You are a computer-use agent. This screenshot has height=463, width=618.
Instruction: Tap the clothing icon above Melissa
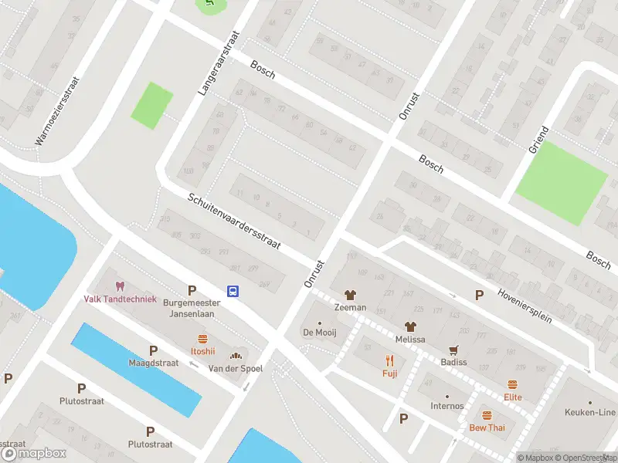[x=409, y=326]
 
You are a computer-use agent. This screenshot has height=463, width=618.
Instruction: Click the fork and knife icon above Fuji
[x=389, y=360]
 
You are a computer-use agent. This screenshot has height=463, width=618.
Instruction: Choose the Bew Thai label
[x=487, y=428]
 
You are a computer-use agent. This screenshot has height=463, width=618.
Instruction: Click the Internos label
[x=447, y=406]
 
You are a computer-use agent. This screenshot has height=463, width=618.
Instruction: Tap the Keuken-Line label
[x=591, y=412]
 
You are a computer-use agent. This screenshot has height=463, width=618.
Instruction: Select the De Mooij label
[x=320, y=333]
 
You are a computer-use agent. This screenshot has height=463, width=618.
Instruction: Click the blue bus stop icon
[x=233, y=291]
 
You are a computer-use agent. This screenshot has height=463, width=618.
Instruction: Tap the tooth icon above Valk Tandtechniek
[x=120, y=286]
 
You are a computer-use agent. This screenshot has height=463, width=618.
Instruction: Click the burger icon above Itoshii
[x=202, y=338]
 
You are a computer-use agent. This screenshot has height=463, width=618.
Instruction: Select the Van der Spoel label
[x=236, y=369]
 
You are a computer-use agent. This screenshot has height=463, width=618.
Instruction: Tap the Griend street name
[x=538, y=139]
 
